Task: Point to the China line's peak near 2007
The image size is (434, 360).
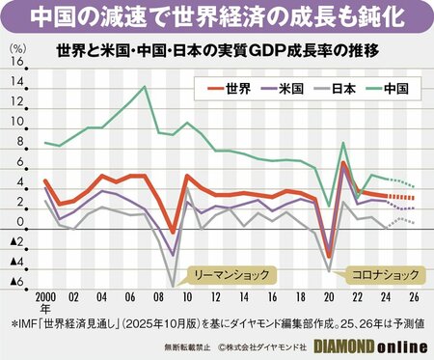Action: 145,87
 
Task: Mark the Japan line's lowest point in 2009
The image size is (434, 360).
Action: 174,285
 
